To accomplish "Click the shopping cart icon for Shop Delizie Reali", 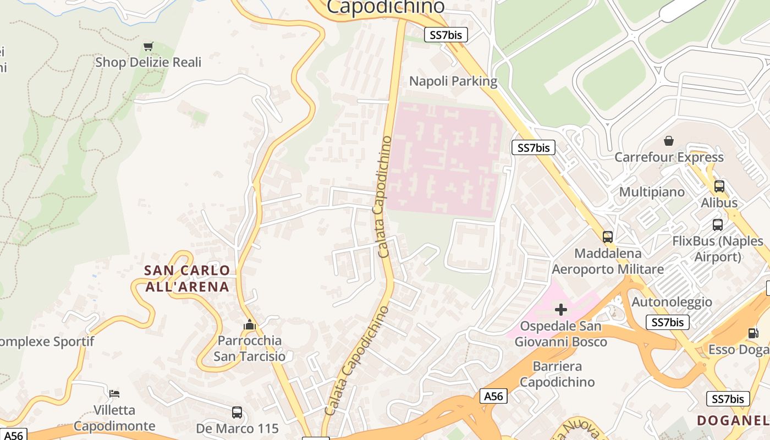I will coord(148,46).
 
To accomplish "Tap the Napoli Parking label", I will coord(453,81).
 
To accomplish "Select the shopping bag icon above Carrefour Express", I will coord(669,141).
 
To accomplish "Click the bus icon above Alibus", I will coord(719,186).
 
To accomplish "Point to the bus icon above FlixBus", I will coord(718,224).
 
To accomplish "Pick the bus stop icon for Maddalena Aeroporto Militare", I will coord(608,237).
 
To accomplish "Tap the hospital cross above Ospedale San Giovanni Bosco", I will coord(561,310).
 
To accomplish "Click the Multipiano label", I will coord(652,192).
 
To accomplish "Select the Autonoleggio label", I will coord(672,302).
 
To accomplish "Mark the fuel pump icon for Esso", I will coord(752,333).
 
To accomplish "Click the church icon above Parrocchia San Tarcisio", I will coord(250,324).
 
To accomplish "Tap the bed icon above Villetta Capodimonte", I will coord(114,393).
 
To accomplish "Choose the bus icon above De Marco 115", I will coord(237,412).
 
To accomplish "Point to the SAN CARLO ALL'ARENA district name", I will coord(186,278).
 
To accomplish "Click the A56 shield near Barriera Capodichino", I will coord(493,396).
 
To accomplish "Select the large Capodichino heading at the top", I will coord(386,7).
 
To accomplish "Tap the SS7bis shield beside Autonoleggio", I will coord(668,322).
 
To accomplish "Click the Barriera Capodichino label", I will coord(557,374).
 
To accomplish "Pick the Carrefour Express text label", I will coord(669,157).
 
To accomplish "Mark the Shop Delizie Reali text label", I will coord(148,62).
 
